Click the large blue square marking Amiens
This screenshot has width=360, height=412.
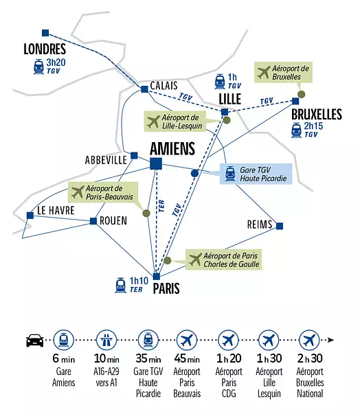coord(156,163)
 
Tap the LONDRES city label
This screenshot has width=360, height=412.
coord(45,49)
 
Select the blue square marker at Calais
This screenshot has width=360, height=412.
coord(144,89)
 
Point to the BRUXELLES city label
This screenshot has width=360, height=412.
coord(317,114)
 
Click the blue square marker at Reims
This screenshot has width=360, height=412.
coord(280,226)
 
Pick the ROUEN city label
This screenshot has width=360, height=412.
coord(113,220)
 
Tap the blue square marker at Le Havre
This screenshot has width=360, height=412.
coord(30,216)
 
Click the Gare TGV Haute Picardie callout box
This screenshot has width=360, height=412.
coord(256,174)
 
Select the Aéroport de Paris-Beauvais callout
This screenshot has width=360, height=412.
coord(103,192)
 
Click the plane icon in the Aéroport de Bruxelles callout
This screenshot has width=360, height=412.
coord(264,72)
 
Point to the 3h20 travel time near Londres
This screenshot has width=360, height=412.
coord(56,62)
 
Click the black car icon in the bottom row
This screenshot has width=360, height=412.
coord(35,341)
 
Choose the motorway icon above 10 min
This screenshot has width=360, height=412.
coord(106,340)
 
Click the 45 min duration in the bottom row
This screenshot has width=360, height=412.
coord(187,358)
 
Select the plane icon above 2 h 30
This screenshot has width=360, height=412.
coord(310,340)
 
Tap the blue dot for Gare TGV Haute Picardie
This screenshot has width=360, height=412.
coord(194,173)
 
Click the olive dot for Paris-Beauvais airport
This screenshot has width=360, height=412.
coord(146,213)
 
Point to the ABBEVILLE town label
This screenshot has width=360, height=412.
coord(106,160)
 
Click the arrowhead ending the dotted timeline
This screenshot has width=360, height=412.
coord(331,340)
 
